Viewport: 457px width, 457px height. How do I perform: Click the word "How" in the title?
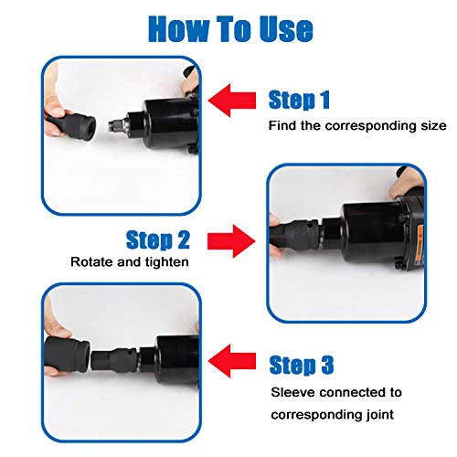(x=178, y=29)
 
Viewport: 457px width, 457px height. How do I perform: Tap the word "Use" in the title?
(x=286, y=29)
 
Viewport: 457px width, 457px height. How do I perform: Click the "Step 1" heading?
(x=299, y=100)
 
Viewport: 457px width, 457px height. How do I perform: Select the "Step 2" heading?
(x=158, y=239)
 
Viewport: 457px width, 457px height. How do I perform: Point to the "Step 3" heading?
(x=302, y=365)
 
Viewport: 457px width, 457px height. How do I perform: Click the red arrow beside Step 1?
(x=232, y=101)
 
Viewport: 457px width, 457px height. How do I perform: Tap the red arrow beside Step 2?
(x=231, y=241)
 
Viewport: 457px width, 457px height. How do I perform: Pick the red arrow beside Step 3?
(x=232, y=361)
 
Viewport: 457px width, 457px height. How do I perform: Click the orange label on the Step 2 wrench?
(x=420, y=244)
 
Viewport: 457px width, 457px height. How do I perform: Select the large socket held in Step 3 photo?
(x=67, y=356)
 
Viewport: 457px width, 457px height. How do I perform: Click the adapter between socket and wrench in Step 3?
(x=114, y=360)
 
